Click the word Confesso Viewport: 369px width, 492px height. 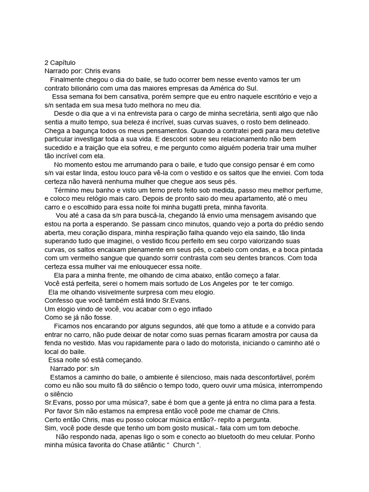pyautogui.click(x=60, y=301)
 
